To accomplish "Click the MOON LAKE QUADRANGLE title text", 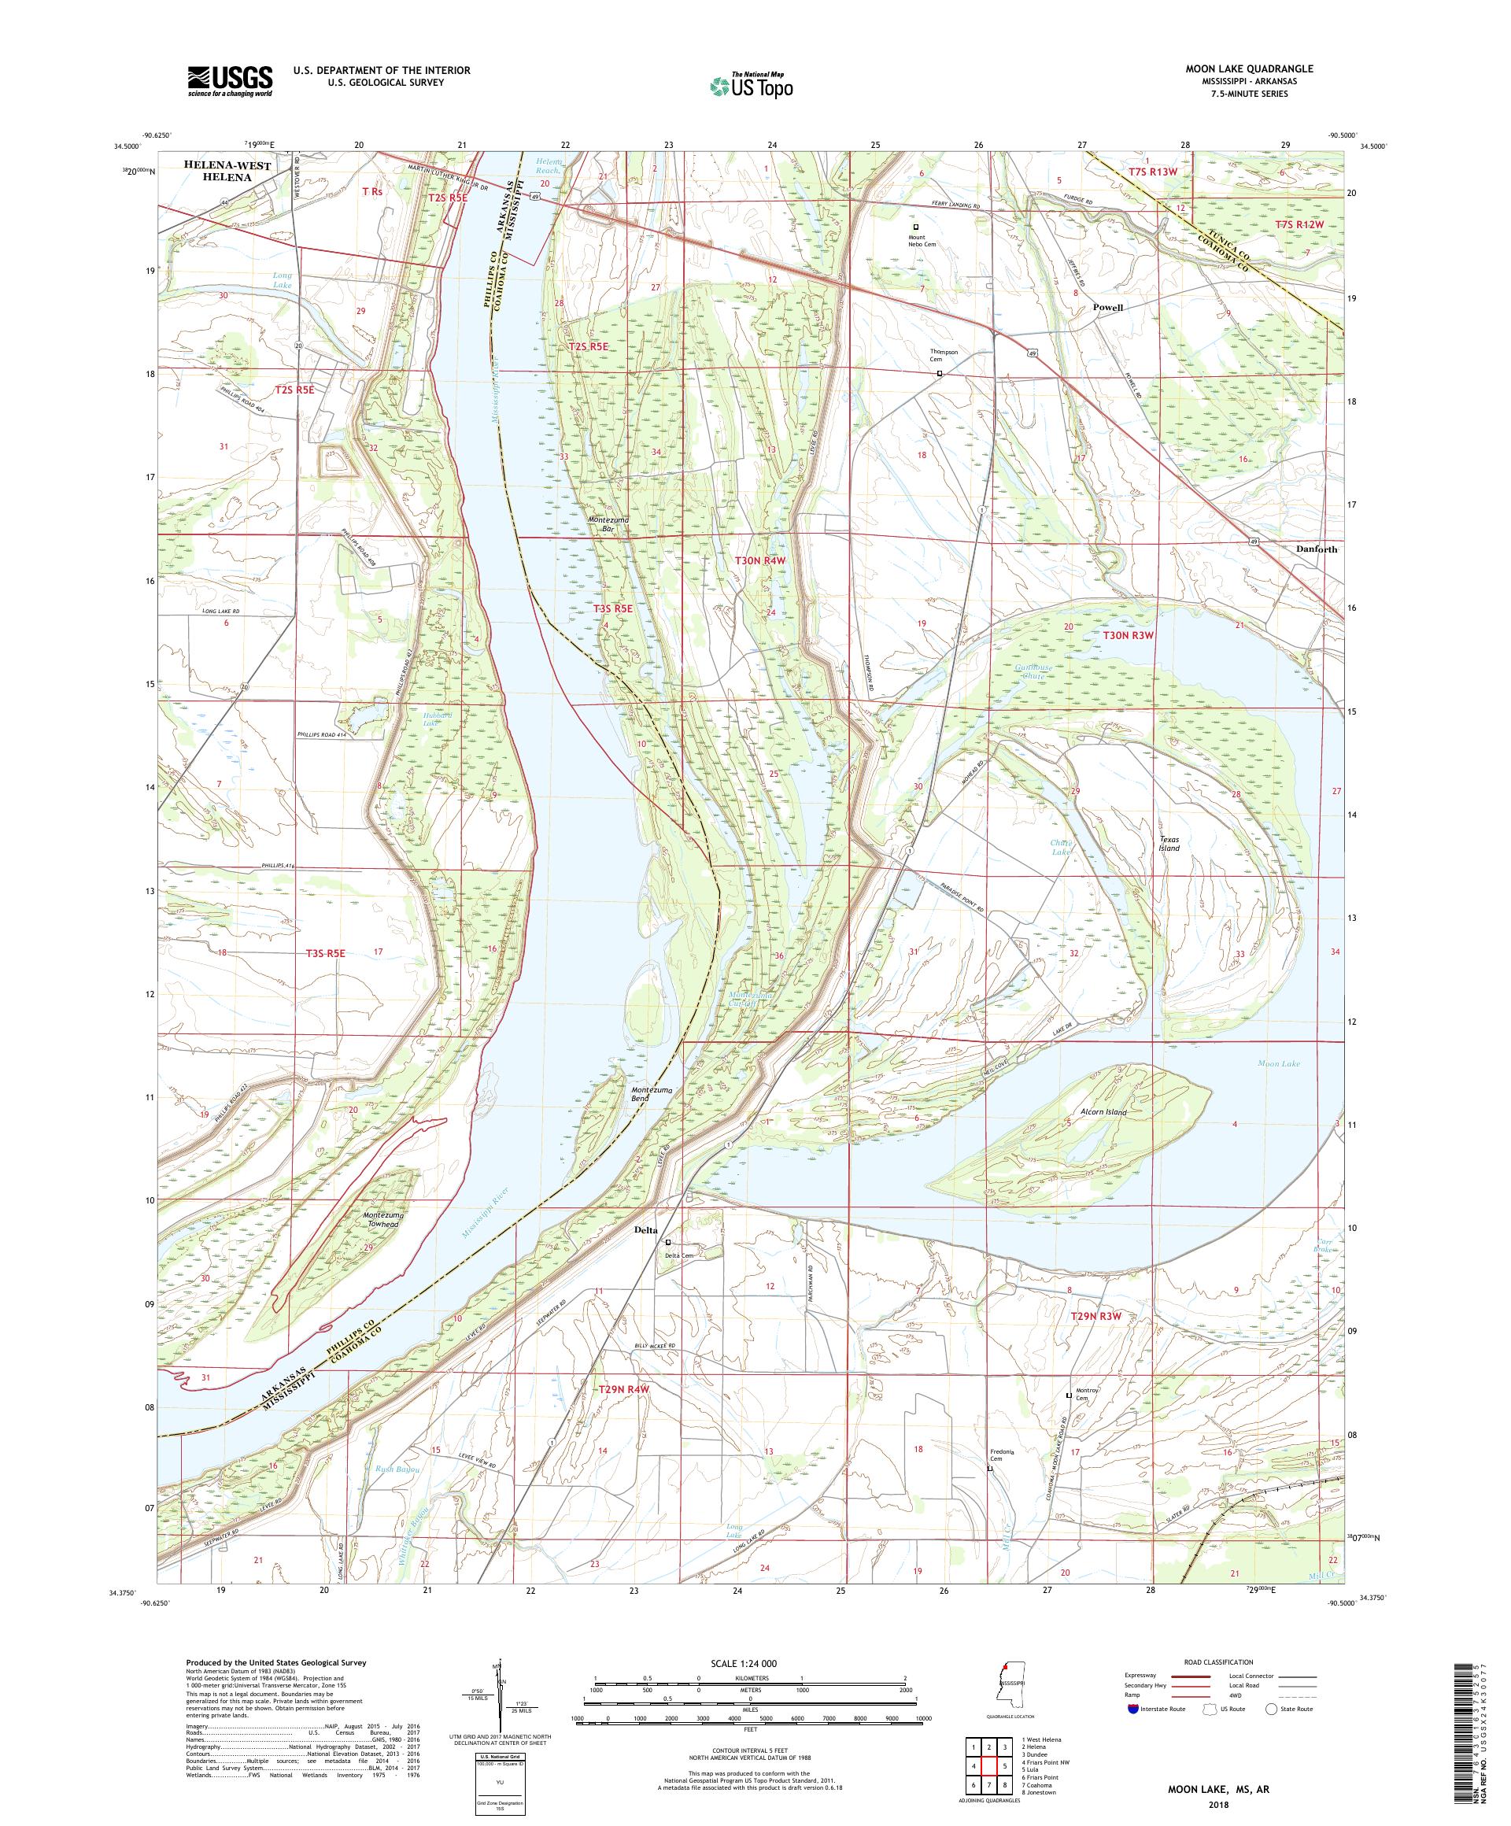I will pos(1247,68).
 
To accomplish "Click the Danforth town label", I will pos(1315,549).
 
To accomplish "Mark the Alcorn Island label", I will pos(1103,1113).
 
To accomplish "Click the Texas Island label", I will pos(1169,844).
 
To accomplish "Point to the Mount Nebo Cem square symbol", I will pos(914,226).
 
